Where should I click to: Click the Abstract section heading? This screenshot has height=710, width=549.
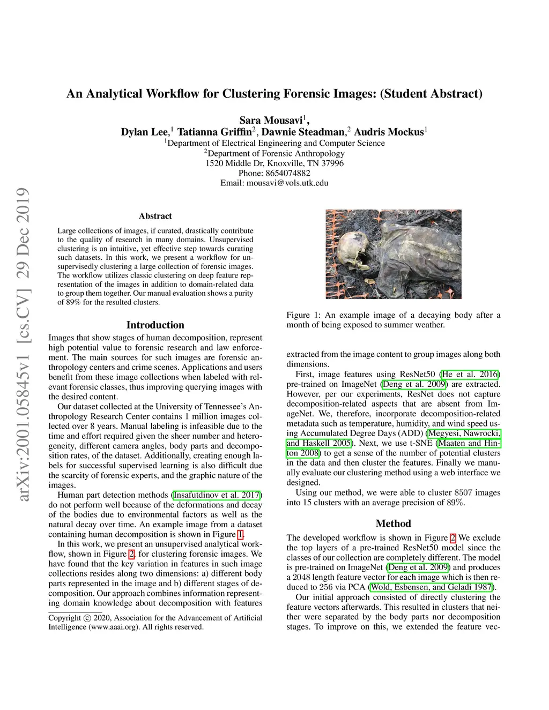(x=155, y=216)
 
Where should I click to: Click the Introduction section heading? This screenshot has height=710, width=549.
(x=155, y=325)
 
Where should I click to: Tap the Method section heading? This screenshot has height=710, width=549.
(x=393, y=524)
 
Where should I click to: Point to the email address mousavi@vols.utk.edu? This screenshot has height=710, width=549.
(x=287, y=183)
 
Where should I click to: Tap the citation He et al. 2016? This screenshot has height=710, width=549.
(x=470, y=374)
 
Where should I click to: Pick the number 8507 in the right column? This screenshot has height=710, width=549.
(x=463, y=492)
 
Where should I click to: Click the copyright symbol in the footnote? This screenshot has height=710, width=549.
(x=86, y=618)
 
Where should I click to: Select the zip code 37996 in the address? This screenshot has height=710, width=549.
(x=332, y=163)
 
